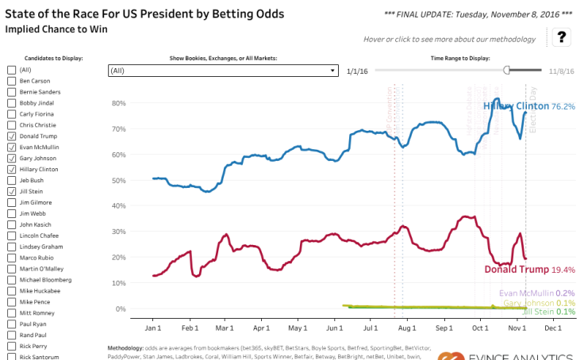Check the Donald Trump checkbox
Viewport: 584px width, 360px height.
point(11,136)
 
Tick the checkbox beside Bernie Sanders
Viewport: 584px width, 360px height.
point(11,91)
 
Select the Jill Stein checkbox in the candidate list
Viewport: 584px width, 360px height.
point(11,191)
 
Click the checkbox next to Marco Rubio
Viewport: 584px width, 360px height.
point(11,258)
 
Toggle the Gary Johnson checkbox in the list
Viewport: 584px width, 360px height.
point(11,158)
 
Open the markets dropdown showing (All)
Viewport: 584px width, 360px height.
point(223,71)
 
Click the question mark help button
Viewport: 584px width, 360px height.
point(560,36)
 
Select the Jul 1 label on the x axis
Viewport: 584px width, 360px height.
point(370,327)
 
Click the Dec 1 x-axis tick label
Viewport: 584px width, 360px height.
point(554,327)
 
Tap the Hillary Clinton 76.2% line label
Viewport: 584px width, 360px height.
point(528,105)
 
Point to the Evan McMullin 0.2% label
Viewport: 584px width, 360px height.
point(537,293)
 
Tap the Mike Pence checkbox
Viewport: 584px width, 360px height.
point(11,302)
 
